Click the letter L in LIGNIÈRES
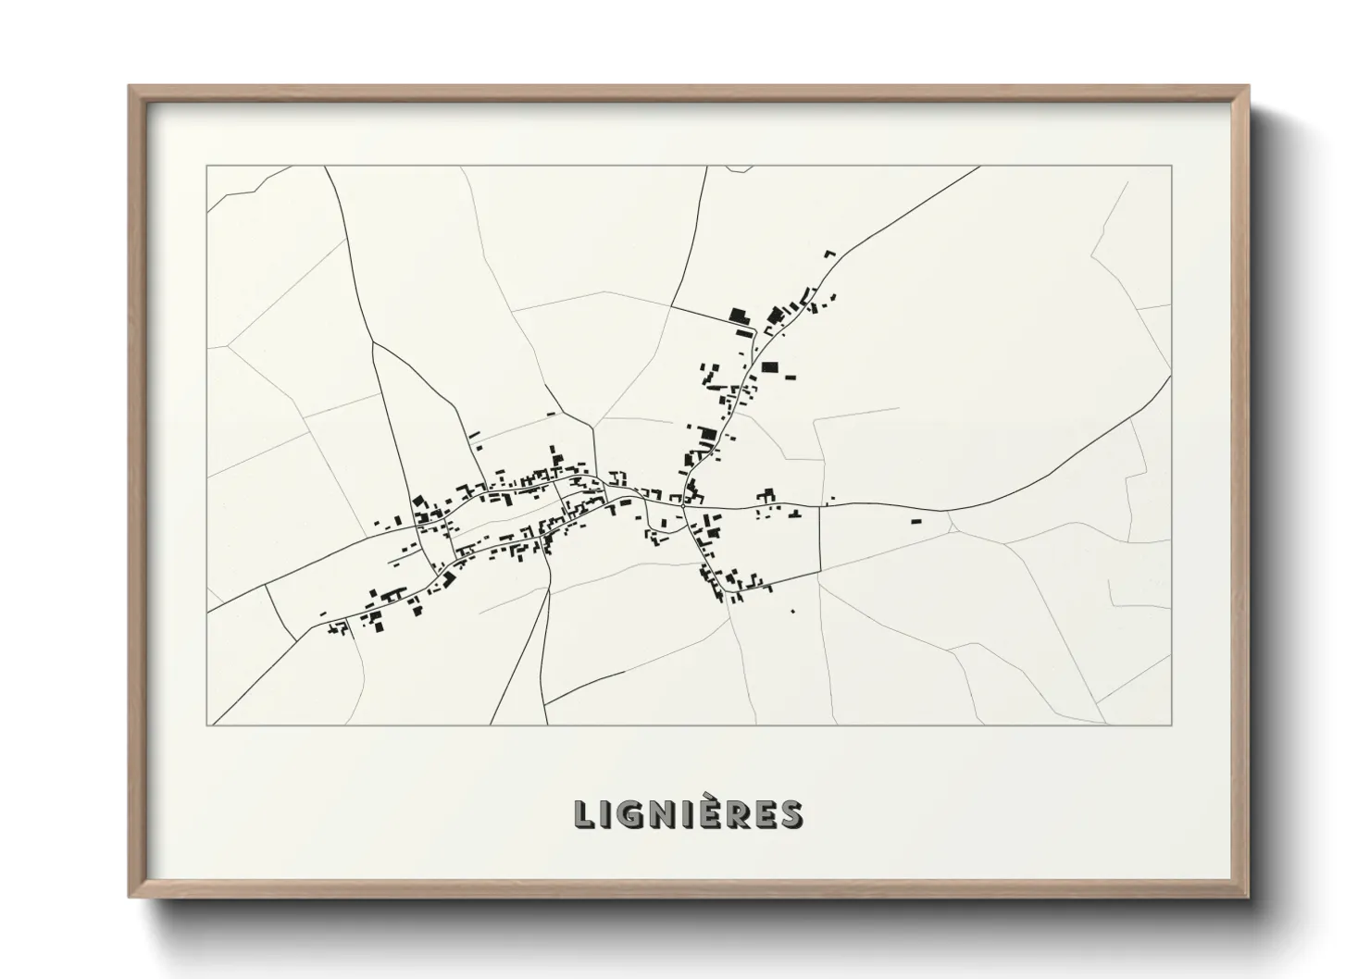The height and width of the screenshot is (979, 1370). (584, 814)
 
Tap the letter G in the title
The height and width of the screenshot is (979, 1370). (629, 814)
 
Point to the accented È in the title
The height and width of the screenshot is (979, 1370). (707, 812)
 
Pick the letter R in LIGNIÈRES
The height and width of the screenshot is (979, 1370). (735, 814)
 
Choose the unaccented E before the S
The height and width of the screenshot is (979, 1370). (764, 814)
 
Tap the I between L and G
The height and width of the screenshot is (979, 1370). (605, 814)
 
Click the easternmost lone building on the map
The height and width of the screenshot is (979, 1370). (916, 522)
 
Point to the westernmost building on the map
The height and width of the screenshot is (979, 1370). (323, 613)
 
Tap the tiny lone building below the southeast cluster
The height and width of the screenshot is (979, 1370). (793, 610)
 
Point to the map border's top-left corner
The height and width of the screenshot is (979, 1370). (206, 166)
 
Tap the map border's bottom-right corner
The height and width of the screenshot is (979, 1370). (1171, 725)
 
